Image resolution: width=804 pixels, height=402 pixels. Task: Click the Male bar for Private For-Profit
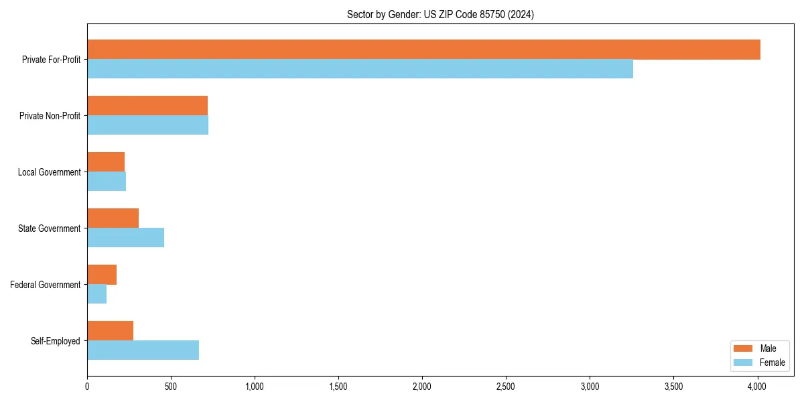click(423, 50)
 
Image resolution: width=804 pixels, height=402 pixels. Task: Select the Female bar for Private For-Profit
click(360, 69)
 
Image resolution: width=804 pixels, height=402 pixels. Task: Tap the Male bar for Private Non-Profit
click(147, 106)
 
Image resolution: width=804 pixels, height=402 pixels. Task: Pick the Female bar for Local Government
click(107, 182)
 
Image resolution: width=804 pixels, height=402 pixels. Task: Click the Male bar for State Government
click(113, 218)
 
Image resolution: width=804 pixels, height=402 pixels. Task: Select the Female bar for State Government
click(125, 238)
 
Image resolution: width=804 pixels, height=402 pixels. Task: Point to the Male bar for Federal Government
click(102, 275)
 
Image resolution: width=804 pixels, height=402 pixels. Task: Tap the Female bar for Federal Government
click(96, 294)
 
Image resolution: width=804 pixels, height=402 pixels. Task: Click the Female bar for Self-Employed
click(143, 350)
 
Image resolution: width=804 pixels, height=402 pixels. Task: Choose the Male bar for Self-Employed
click(110, 331)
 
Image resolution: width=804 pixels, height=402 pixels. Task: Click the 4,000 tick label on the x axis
click(757, 387)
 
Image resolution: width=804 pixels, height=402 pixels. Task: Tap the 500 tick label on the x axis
click(171, 387)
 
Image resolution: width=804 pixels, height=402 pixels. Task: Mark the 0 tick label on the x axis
click(87, 387)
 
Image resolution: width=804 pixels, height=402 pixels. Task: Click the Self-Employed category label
click(55, 341)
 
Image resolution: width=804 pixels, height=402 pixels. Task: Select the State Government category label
click(49, 228)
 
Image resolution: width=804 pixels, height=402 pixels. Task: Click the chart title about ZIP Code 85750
click(440, 14)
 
